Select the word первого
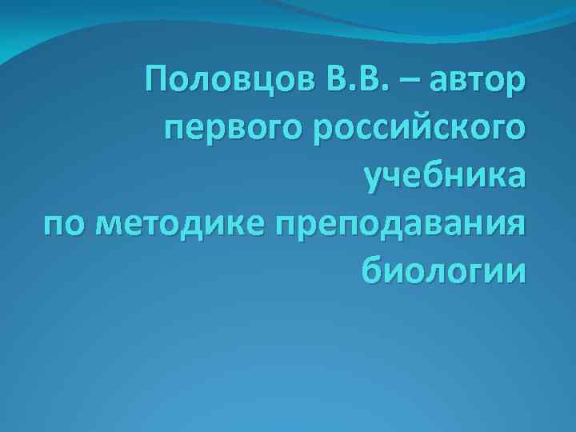click(225, 130)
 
